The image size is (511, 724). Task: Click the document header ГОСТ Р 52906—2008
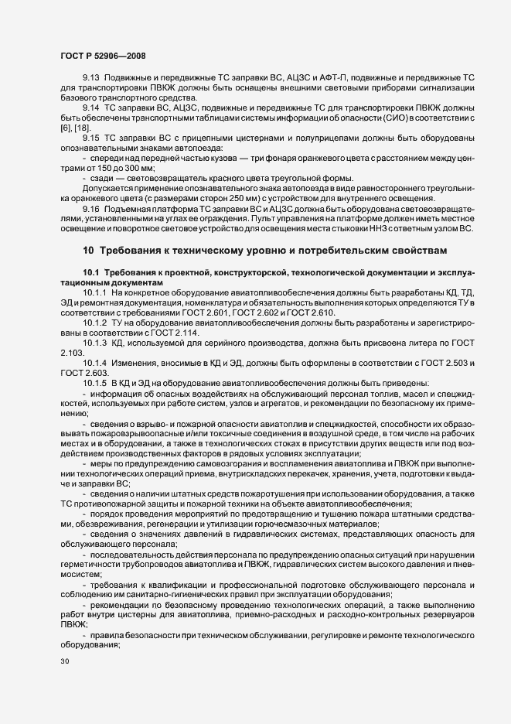(x=102, y=56)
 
